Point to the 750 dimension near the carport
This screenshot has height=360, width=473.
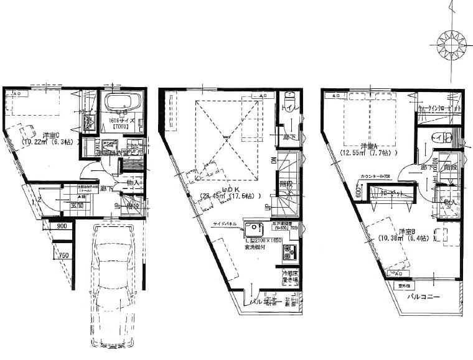63,255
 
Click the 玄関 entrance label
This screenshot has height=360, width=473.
77,206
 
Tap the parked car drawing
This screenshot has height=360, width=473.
112,280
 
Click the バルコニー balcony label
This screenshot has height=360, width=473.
424,297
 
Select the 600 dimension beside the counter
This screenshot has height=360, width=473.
359,193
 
